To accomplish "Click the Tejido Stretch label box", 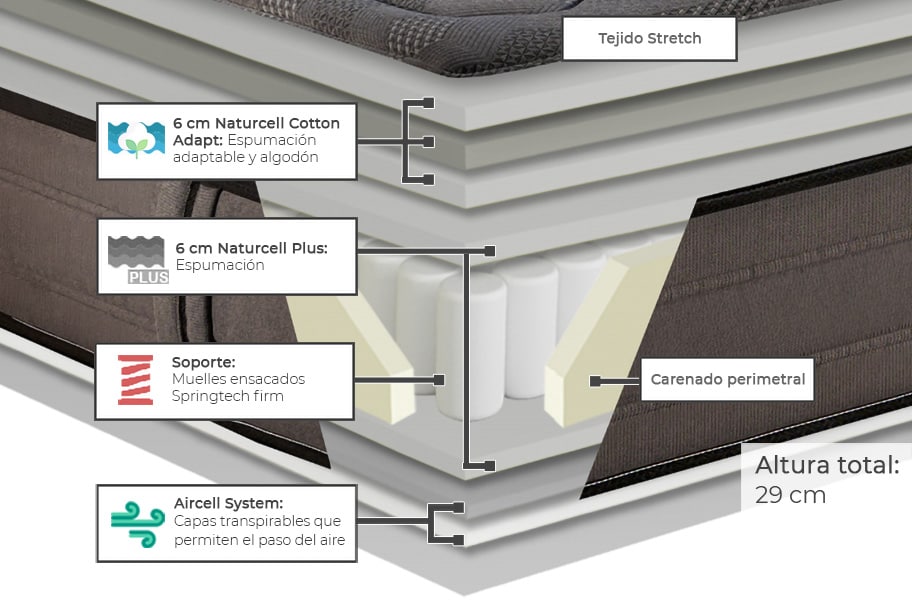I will point(649,39).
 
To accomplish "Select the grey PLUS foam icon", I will point(138,259).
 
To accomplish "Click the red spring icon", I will point(135,380).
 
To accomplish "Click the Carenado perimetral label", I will point(727,380).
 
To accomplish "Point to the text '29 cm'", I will point(790,495).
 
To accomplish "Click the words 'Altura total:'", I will point(827,465).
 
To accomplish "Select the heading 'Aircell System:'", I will point(228,503).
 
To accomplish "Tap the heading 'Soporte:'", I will point(203,361).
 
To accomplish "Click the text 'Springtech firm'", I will point(227,397).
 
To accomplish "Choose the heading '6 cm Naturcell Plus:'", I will point(251,247).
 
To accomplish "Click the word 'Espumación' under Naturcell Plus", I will point(219,265).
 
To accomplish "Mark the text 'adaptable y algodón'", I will point(245,157).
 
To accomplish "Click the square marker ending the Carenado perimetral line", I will point(595,381).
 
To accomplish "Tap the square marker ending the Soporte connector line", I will point(438,380).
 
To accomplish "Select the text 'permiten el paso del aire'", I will point(259,540).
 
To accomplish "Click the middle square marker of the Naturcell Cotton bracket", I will point(428,141).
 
